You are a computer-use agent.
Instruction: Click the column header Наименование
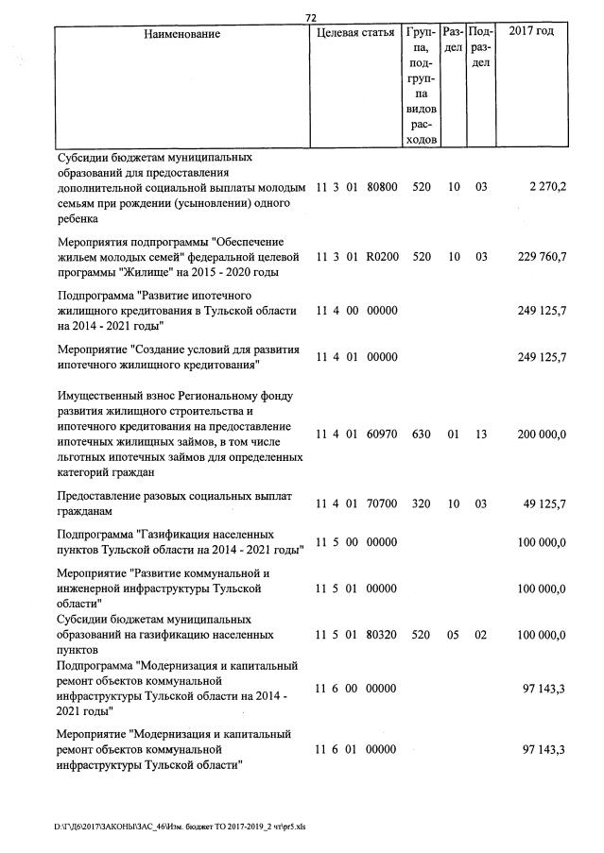(x=182, y=34)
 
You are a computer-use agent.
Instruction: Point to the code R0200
(x=381, y=256)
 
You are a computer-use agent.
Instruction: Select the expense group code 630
(x=422, y=434)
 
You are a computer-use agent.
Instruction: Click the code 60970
(x=381, y=434)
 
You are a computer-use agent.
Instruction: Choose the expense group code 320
(x=422, y=503)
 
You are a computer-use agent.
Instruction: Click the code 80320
(x=381, y=636)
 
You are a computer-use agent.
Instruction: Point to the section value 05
(x=454, y=636)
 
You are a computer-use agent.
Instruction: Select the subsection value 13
(x=481, y=434)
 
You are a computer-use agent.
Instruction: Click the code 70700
(x=381, y=503)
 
